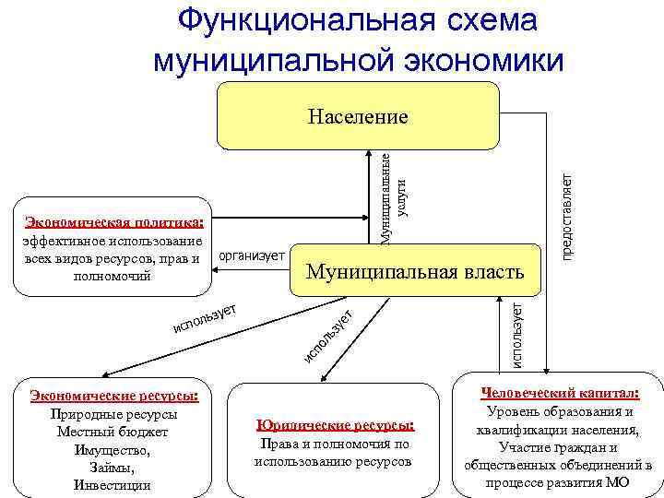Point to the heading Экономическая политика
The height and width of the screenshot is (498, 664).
pyautogui.click(x=114, y=222)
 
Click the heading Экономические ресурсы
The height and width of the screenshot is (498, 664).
pyautogui.click(x=114, y=396)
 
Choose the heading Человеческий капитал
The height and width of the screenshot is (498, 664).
pyautogui.click(x=560, y=392)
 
